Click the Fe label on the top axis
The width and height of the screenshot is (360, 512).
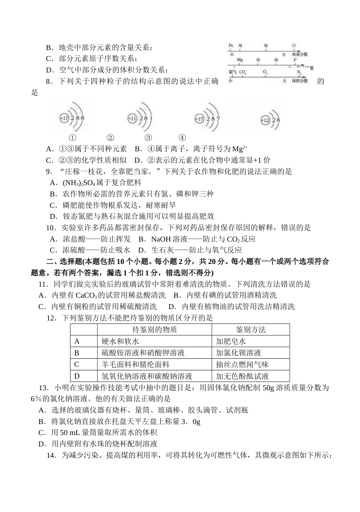[231, 46]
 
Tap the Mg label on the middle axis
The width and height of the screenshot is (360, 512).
[239, 60]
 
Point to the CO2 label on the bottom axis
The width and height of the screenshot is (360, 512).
[243, 72]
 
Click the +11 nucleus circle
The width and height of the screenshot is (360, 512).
[132, 118]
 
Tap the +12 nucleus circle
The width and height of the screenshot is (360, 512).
[265, 121]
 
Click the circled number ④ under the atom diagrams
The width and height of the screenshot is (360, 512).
[182, 138]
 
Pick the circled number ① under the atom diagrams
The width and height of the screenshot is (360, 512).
[72, 138]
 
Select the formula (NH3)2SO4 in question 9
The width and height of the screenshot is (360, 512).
[79, 182]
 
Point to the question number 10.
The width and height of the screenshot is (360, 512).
[50, 228]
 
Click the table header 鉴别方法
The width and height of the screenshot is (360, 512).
[250, 330]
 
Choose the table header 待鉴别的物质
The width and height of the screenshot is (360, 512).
[155, 330]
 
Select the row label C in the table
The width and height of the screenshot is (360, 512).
[77, 364]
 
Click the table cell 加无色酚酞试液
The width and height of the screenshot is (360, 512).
[242, 376]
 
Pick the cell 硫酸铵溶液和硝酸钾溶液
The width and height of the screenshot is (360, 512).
[143, 353]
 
